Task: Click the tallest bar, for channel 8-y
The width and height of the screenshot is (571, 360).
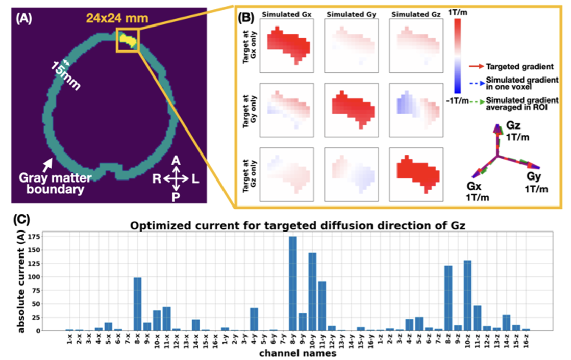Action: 293,284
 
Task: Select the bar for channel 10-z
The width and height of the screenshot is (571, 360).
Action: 467,296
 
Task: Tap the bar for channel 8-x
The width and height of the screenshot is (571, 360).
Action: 138,304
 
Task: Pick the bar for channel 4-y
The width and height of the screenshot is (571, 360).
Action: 254,319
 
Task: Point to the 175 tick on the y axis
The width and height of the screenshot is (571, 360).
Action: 35,237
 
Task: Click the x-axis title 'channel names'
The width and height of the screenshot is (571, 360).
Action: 297,353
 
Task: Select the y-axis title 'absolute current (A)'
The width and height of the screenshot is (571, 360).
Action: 21,281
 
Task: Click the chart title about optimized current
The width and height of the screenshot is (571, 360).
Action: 297,226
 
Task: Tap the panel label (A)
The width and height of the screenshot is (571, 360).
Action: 23,18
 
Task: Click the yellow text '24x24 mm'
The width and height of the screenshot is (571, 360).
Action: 117,18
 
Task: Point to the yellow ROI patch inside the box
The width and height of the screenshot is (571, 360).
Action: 129,40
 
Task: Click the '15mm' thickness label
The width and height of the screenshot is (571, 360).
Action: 65,75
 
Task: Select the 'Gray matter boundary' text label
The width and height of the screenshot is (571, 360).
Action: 55,184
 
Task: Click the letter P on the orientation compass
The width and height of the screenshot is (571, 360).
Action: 176,197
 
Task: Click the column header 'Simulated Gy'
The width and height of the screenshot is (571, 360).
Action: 351,15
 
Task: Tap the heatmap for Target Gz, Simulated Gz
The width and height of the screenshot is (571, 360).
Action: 416,174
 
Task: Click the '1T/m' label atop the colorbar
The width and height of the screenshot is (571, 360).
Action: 457,12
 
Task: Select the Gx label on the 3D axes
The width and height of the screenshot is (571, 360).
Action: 474,186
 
